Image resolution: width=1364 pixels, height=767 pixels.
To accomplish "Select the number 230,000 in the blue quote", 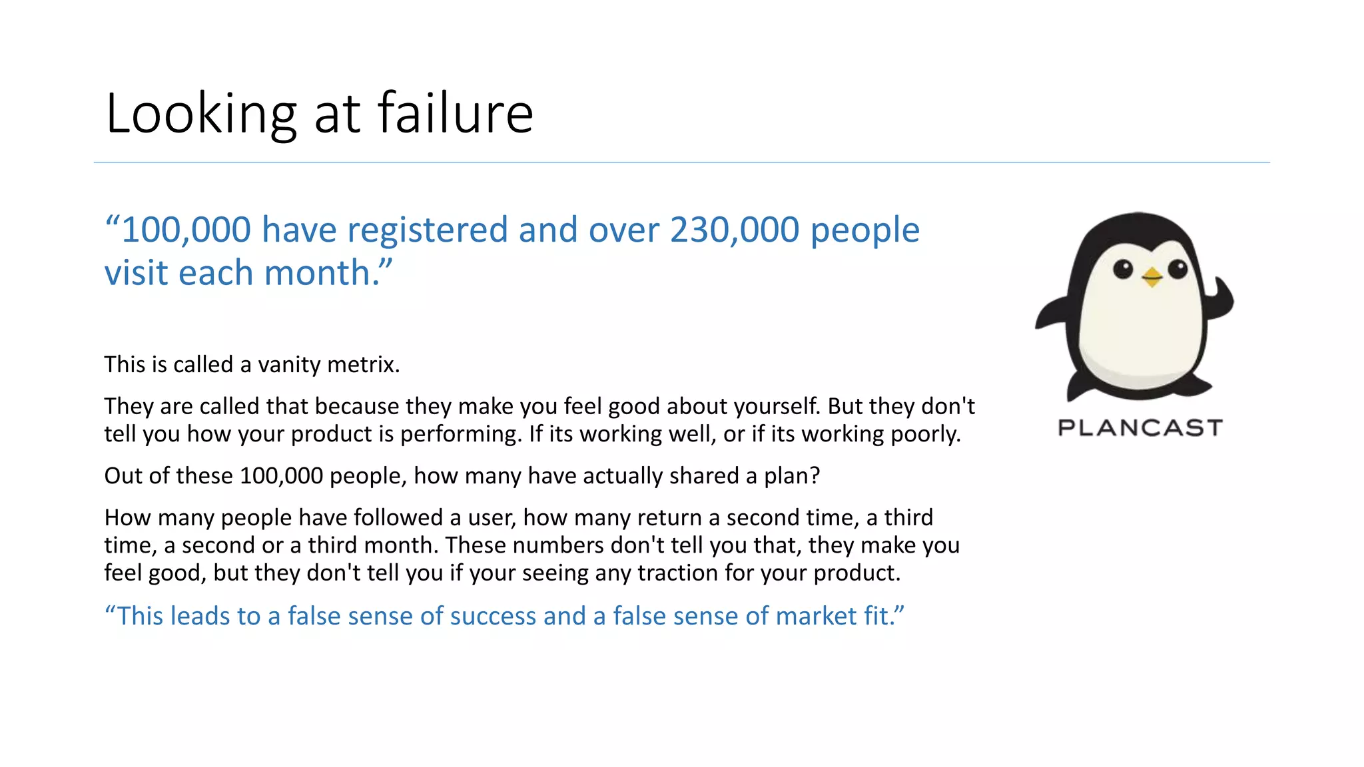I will click(x=735, y=230).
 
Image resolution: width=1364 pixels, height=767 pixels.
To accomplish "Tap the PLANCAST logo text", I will click(x=1140, y=427).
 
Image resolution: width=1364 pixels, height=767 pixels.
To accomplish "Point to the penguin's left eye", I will click(x=1123, y=270).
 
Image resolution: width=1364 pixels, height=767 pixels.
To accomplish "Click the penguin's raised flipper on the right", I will click(x=1219, y=300).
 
